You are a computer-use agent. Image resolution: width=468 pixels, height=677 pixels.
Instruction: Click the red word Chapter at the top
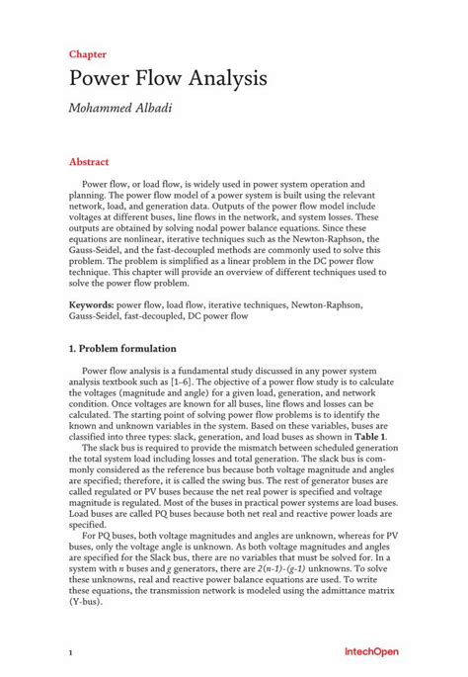point(88,54)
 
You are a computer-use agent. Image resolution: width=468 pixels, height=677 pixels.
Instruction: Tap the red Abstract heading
point(89,160)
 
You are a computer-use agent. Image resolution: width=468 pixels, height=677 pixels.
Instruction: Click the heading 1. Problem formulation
point(122,349)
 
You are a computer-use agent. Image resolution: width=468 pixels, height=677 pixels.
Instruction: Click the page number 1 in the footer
point(71,653)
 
